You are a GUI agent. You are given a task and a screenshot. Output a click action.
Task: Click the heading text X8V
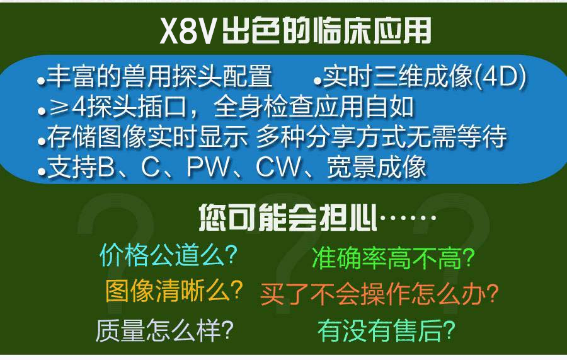(187, 31)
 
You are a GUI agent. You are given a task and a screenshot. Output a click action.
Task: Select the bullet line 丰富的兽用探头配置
(159, 76)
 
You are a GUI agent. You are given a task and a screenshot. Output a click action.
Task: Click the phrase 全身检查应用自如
(314, 107)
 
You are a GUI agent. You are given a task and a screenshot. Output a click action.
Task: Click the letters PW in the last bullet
(209, 167)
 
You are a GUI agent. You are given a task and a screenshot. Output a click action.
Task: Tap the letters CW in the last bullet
(278, 167)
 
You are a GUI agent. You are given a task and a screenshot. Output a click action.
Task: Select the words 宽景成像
(377, 167)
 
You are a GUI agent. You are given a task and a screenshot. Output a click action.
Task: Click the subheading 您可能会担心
(288, 217)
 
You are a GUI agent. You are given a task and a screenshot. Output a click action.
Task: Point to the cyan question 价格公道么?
(168, 255)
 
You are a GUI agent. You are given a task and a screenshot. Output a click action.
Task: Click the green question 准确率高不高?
(393, 258)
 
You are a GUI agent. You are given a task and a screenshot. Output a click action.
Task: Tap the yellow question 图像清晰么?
(174, 291)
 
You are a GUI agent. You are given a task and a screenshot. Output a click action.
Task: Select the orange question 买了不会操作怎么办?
(379, 294)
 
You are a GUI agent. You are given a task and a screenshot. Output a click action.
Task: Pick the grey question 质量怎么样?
(164, 330)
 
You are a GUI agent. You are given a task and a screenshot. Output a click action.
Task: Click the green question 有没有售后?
(386, 330)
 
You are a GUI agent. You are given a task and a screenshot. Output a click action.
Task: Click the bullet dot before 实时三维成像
(318, 81)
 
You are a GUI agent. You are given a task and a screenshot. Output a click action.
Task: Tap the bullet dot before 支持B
(42, 172)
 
